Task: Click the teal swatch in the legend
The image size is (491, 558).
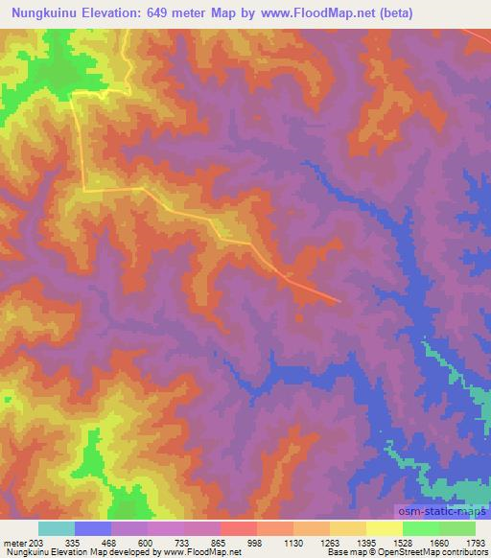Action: [x=57, y=528]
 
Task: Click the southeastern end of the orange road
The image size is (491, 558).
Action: [x=339, y=301]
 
